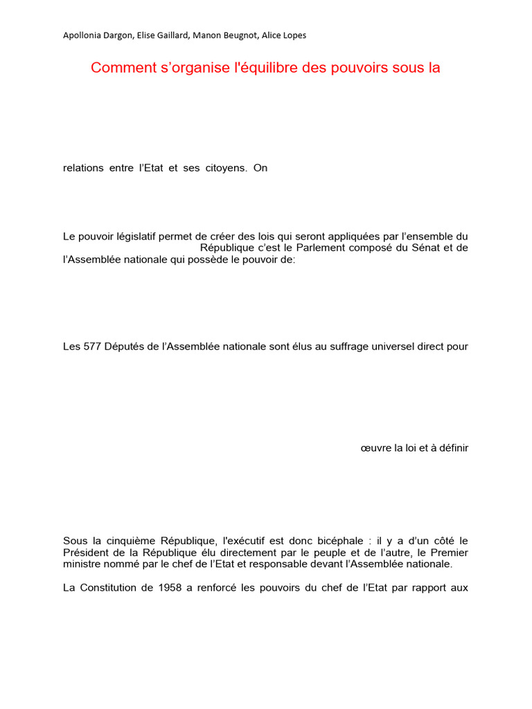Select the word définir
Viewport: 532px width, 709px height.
451,448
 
